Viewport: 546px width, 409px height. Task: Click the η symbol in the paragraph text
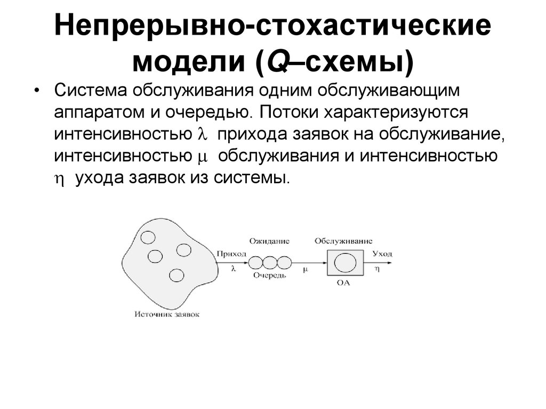click(x=60, y=180)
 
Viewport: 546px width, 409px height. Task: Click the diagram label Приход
click(x=231, y=254)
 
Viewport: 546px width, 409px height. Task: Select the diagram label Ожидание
click(x=269, y=241)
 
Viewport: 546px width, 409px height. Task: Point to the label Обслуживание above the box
click(x=343, y=241)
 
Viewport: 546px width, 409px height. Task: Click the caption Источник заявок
click(x=167, y=315)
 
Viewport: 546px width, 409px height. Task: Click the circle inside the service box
click(x=344, y=262)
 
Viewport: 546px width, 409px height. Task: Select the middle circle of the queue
click(x=270, y=263)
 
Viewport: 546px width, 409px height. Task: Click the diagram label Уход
click(x=382, y=253)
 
